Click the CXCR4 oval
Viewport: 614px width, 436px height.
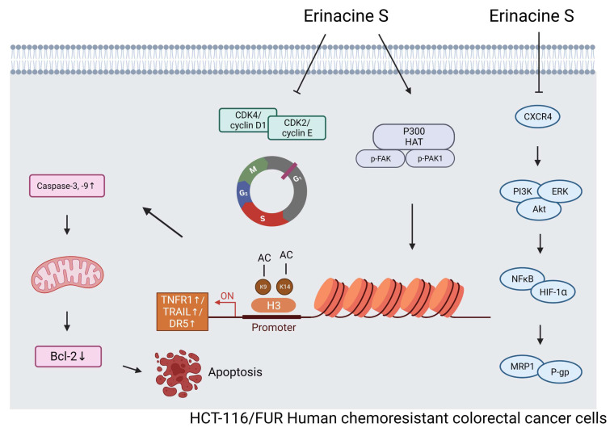pos(537,116)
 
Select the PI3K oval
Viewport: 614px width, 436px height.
pos(520,191)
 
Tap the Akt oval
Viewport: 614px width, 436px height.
pos(539,209)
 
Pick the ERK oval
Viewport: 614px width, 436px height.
pos(561,191)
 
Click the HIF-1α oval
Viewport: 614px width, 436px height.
pos(553,291)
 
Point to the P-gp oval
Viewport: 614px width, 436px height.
pos(560,372)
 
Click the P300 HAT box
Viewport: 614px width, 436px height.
pos(414,136)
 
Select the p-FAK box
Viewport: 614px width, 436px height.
pos(381,159)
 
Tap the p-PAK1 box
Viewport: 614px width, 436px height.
pos(430,159)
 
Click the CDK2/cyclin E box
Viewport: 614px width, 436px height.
pos(296,128)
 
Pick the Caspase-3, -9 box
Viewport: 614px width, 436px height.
pos(67,186)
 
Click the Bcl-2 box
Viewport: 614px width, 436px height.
pos(68,357)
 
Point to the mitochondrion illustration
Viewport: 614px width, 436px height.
pos(67,275)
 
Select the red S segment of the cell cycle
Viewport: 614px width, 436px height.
pos(263,216)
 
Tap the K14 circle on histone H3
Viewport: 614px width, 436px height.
pos(284,287)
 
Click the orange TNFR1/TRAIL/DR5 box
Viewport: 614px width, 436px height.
pos(183,312)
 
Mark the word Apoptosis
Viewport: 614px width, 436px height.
pos(235,372)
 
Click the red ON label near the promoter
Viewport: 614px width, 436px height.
pos(227,296)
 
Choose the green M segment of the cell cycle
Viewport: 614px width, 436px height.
pos(252,171)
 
